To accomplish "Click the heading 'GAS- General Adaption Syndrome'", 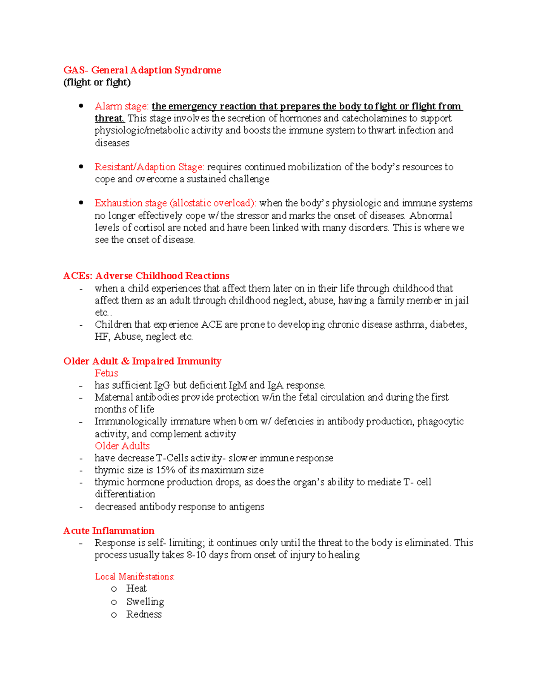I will click(142, 70).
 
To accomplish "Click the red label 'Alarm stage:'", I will click(121, 106).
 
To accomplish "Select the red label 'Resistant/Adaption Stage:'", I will click(149, 167).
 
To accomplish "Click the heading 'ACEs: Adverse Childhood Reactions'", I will click(146, 276).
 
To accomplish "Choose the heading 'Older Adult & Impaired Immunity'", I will click(142, 361).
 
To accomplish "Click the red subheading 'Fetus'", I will click(106, 373).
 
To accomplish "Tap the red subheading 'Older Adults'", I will click(122, 446).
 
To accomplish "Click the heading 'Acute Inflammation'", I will click(108, 531).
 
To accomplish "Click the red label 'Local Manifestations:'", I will click(134, 577).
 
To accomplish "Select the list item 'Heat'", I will click(136, 588).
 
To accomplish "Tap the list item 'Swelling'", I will click(145, 601).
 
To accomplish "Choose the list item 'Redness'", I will click(144, 614).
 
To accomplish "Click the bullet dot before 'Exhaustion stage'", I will click(81, 203).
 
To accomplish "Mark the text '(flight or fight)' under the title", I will click(97, 82).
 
